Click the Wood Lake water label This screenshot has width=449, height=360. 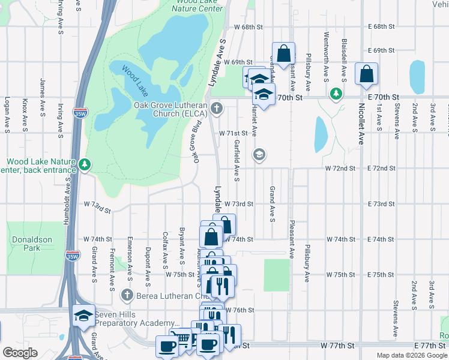[134, 82]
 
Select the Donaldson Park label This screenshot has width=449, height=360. [32, 243]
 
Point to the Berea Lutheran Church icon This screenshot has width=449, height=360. [127, 295]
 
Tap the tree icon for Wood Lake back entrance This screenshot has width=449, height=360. [85, 164]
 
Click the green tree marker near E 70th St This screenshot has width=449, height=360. [336, 93]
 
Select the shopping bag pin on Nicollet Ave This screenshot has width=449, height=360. [366, 74]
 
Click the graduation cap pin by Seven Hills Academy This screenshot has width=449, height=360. [83, 316]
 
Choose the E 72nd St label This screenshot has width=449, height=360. [381, 169]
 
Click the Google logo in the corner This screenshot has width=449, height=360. [20, 353]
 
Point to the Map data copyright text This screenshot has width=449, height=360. [412, 355]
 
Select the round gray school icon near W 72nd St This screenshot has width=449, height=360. [259, 155]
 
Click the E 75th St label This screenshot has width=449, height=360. [381, 274]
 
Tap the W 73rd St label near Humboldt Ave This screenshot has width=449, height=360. [98, 207]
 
